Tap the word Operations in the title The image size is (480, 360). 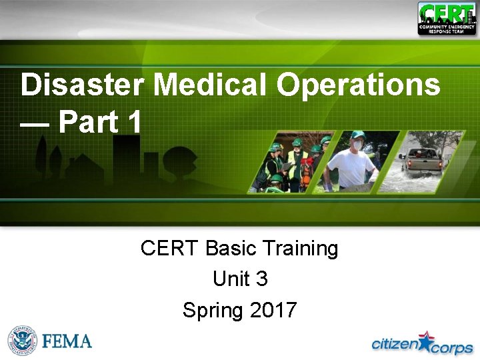pyautogui.click(x=359, y=85)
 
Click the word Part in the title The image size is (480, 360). pyautogui.click(x=89, y=122)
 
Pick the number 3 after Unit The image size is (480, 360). pyautogui.click(x=261, y=279)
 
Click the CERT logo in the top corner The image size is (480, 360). pyautogui.click(x=447, y=19)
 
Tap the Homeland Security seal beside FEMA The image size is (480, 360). pyautogui.click(x=22, y=341)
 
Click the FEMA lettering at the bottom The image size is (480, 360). pyautogui.click(x=67, y=341)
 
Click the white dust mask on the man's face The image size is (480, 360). pyautogui.click(x=357, y=145)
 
